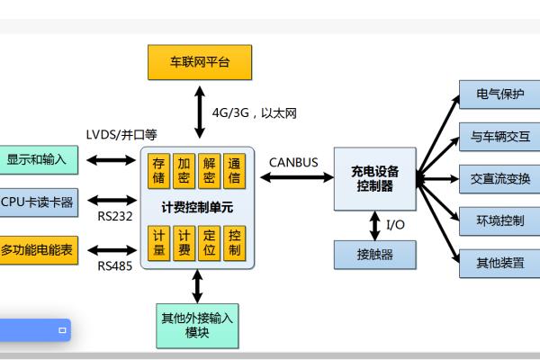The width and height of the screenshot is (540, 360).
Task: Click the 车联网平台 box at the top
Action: (200, 62)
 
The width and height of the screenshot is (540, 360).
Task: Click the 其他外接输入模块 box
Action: (196, 325)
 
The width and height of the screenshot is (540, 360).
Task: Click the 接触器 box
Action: (374, 255)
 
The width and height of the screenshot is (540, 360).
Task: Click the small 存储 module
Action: (159, 170)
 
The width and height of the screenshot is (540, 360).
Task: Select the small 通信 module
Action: (234, 170)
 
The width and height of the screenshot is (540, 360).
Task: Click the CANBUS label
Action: (292, 162)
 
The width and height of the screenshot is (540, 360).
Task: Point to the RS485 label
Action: (115, 265)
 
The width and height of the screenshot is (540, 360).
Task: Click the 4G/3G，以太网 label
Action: (255, 113)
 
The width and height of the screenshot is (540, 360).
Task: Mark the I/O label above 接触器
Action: (396, 224)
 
